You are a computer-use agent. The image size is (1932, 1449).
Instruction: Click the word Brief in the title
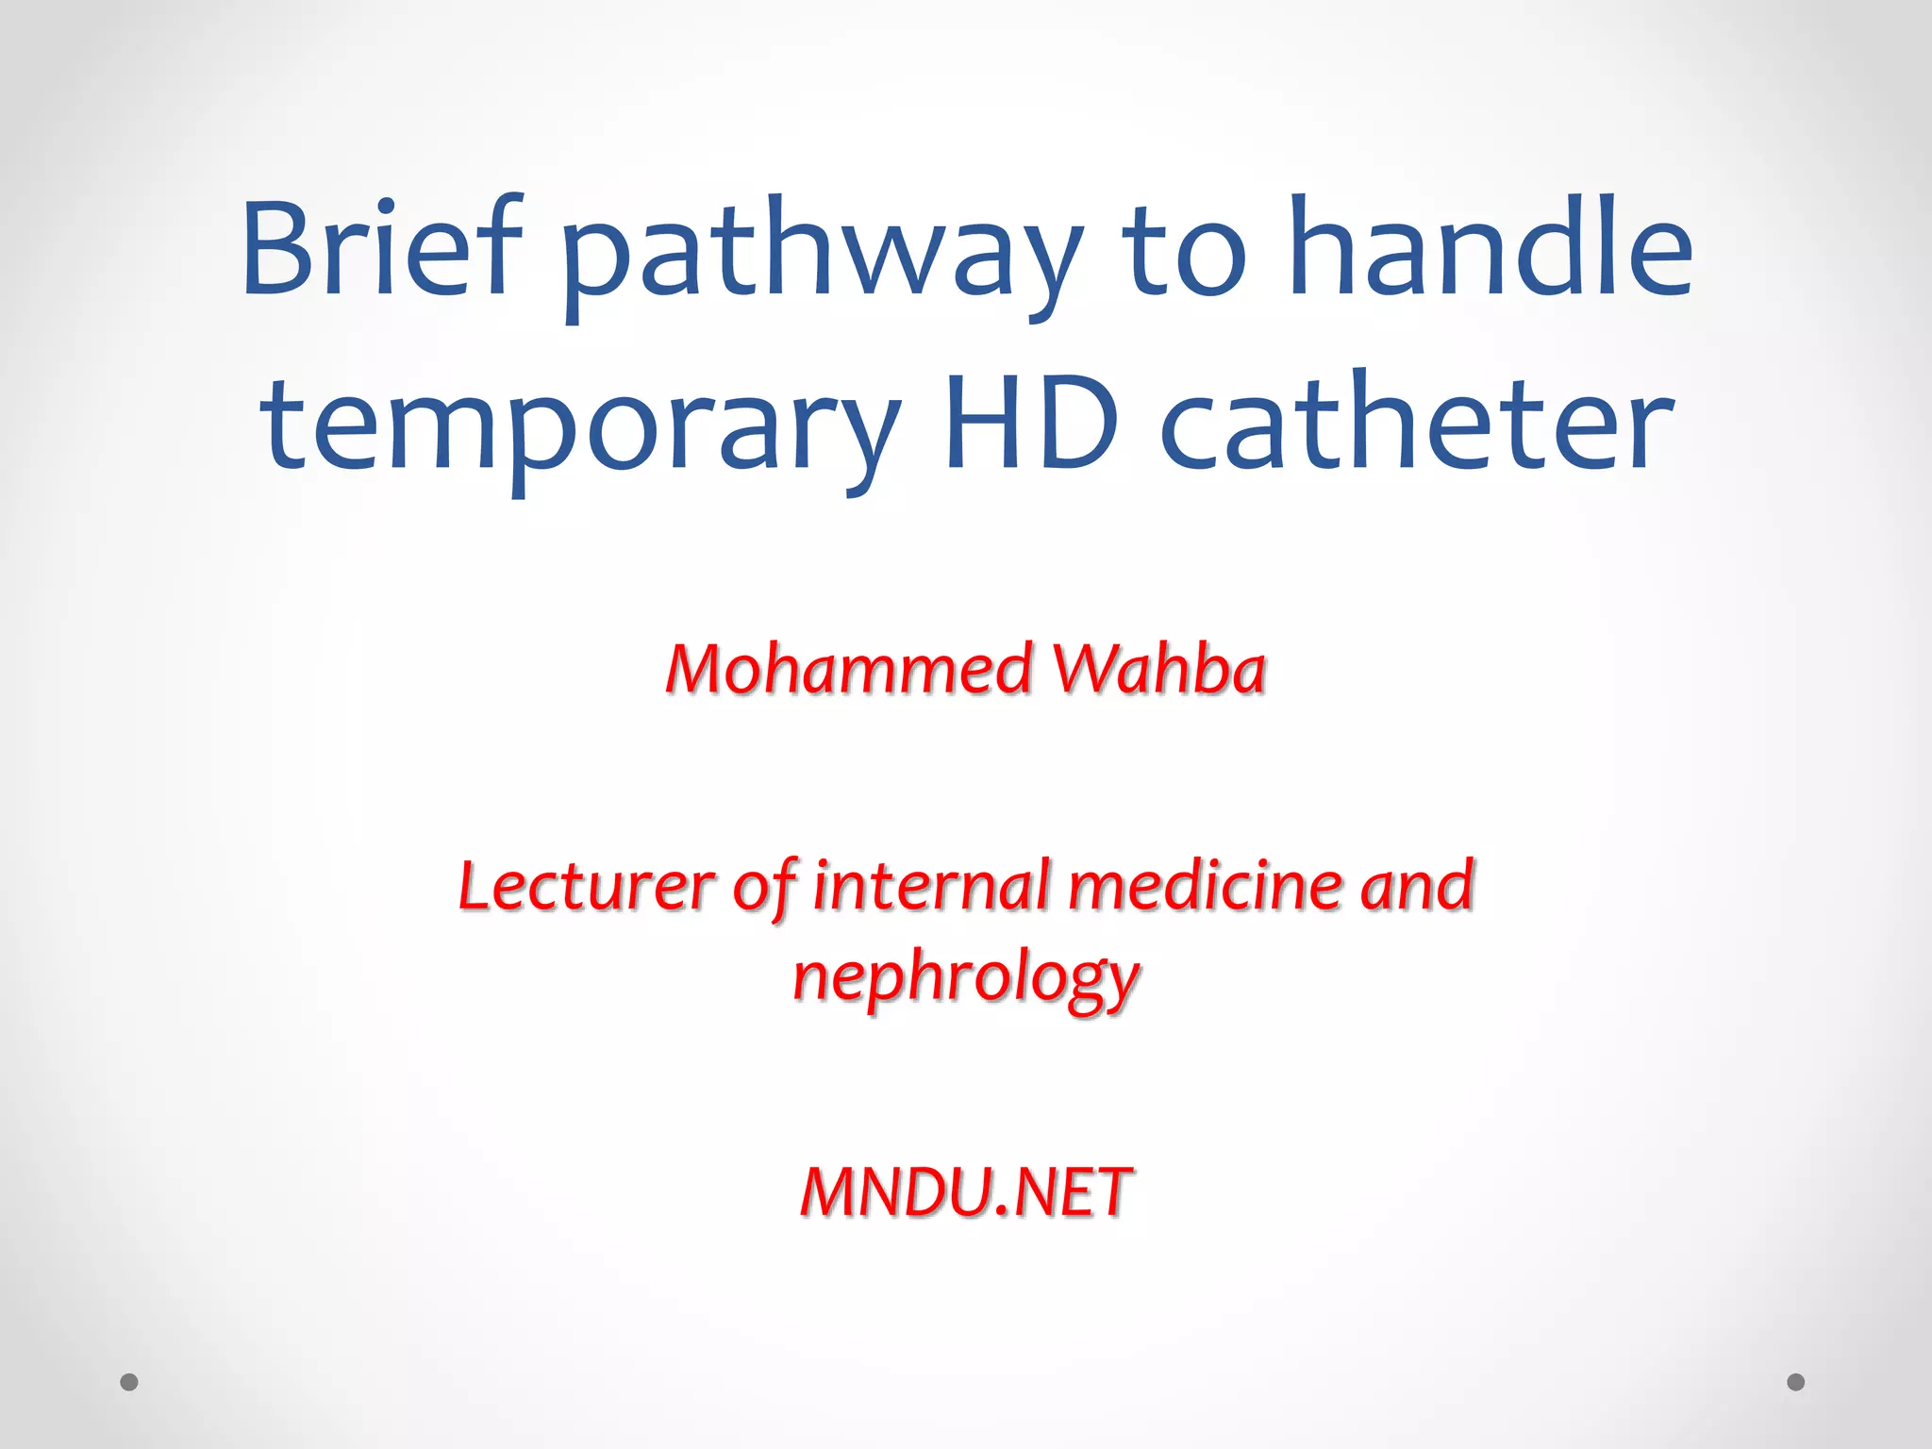(381, 249)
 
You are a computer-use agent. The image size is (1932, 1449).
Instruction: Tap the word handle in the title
(1491, 247)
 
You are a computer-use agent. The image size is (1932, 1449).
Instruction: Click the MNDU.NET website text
(966, 1192)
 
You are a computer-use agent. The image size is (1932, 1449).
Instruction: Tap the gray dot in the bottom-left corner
(129, 1382)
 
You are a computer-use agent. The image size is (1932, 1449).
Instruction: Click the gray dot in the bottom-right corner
(1796, 1382)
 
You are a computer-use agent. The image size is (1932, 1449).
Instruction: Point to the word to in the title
(1184, 253)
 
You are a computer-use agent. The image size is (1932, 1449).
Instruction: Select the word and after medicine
(1417, 887)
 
